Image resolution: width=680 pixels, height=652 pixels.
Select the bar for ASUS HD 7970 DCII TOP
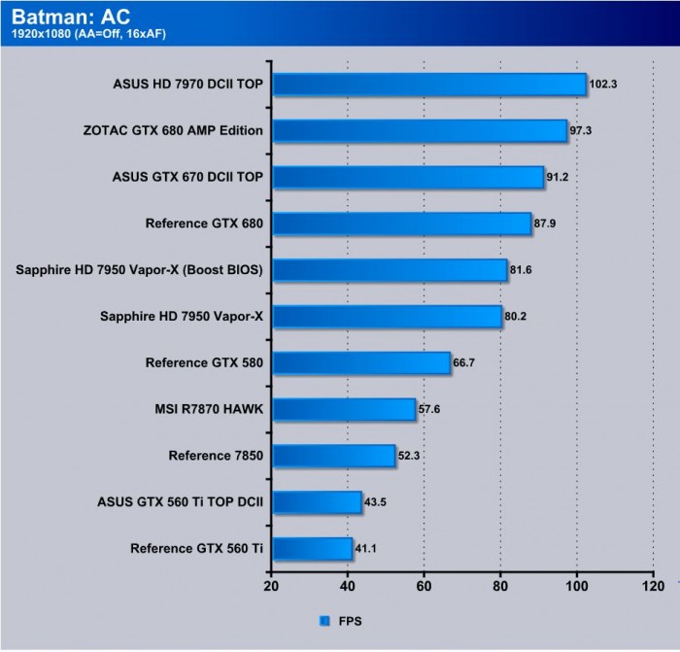[428, 85]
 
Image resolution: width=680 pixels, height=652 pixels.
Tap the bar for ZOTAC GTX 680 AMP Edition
[419, 130]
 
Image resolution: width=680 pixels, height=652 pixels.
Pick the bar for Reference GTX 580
[360, 363]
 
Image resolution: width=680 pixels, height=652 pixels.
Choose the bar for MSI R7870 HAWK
[343, 409]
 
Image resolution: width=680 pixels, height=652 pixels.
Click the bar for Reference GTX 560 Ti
[311, 549]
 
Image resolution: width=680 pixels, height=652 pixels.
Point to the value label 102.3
[603, 85]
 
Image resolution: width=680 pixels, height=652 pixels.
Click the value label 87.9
[548, 224]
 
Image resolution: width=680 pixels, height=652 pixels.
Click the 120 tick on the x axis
[652, 586]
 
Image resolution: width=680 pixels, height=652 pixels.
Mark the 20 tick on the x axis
[271, 586]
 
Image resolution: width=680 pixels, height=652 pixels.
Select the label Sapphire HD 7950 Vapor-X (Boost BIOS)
[140, 270]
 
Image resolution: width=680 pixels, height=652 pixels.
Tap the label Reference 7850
[216, 456]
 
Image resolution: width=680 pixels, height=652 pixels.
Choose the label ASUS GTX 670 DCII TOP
[188, 177]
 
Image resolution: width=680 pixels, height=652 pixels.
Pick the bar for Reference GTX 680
[401, 223]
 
